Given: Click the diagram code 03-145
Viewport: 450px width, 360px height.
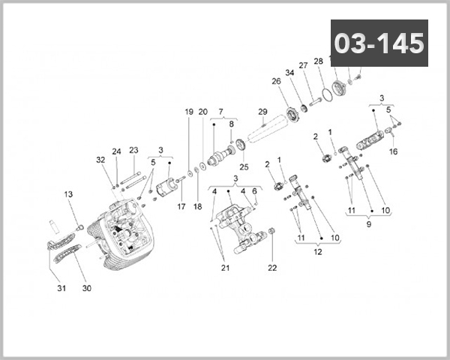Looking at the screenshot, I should [379, 43].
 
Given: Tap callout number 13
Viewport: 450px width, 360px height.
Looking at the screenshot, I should [68, 195].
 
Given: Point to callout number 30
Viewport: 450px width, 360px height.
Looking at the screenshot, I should [86, 288].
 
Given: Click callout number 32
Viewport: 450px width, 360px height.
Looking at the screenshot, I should [100, 160].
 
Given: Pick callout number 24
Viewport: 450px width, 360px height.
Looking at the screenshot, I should [116, 151].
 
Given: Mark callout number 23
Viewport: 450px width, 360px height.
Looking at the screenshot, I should [133, 150].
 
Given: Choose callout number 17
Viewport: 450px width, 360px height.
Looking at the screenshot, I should [181, 206].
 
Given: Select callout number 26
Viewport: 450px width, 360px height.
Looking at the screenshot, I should [276, 81].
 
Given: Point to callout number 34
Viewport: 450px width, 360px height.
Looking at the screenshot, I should [289, 73].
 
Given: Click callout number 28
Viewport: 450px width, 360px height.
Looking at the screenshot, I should [318, 61].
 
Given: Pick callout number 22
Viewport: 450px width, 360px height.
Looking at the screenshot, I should [272, 268].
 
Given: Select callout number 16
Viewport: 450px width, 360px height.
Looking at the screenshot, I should [394, 151].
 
